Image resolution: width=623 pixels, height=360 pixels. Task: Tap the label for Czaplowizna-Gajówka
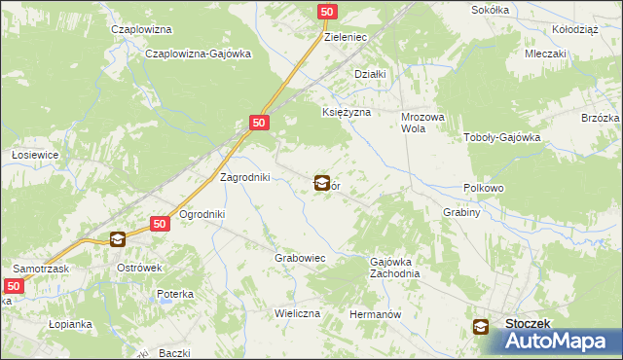pyautogui.click(x=198, y=54)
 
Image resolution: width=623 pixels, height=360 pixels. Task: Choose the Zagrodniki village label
pyautogui.click(x=245, y=177)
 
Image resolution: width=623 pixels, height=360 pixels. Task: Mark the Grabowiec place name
pyautogui.click(x=299, y=259)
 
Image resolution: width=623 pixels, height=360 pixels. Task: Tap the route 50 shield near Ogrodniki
pyautogui.click(x=162, y=224)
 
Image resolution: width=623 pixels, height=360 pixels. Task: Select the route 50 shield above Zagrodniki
pyautogui.click(x=259, y=124)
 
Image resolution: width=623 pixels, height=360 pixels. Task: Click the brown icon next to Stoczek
pyautogui.click(x=482, y=328)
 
